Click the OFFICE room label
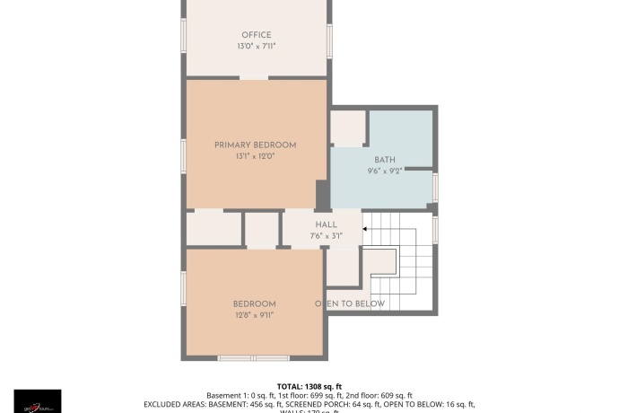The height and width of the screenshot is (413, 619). pyautogui.click(x=256, y=35)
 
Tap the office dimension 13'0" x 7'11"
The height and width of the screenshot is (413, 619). pyautogui.click(x=256, y=46)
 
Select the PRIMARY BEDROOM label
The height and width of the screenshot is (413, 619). pyautogui.click(x=255, y=145)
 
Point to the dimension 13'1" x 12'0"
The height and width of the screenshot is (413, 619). pyautogui.click(x=255, y=155)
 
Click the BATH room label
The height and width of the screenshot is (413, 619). pyautogui.click(x=386, y=160)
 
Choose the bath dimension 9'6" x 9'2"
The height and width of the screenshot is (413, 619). pyautogui.click(x=386, y=171)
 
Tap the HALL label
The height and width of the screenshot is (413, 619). pyautogui.click(x=325, y=224)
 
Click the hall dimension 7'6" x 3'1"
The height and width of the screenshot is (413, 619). pyautogui.click(x=325, y=235)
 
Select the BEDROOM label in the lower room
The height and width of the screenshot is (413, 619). pyautogui.click(x=255, y=303)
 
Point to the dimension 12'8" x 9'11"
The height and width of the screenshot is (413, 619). pyautogui.click(x=255, y=314)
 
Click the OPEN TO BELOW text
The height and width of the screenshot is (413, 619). pyautogui.click(x=350, y=303)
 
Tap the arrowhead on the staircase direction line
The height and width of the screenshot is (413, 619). pyautogui.click(x=364, y=229)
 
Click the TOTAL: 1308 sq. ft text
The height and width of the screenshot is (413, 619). pyautogui.click(x=309, y=386)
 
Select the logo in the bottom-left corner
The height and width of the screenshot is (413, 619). pyautogui.click(x=38, y=400)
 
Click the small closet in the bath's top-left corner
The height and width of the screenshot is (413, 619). pyautogui.click(x=347, y=128)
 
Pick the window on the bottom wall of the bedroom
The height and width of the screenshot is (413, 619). pyautogui.click(x=255, y=357)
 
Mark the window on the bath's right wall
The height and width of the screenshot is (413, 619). pyautogui.click(x=435, y=186)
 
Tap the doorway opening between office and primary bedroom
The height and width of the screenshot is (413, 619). pyautogui.click(x=254, y=78)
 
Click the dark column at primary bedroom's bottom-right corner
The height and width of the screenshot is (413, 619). pyautogui.click(x=322, y=195)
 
